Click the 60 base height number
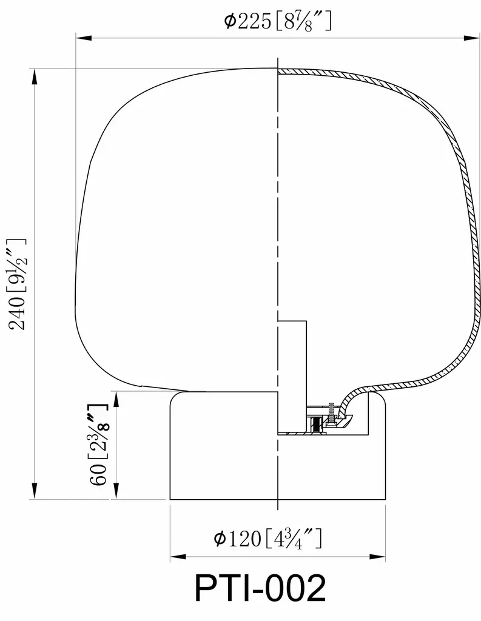pyautogui.click(x=98, y=473)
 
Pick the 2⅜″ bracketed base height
pyautogui.click(x=98, y=432)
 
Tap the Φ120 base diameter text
pyautogui.click(x=237, y=539)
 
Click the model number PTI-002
pyautogui.click(x=260, y=588)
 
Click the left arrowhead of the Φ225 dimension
pyautogui.click(x=84, y=38)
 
